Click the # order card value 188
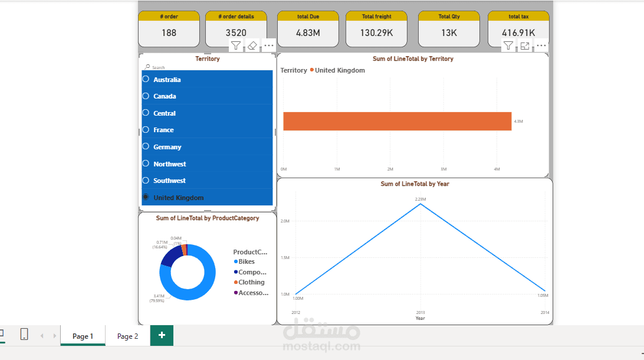[169, 33]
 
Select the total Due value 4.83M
[308, 33]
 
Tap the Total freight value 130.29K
[376, 33]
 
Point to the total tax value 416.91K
[518, 33]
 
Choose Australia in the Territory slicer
[167, 80]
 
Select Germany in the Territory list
[167, 147]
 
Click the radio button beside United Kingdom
[146, 197]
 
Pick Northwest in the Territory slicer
[169, 164]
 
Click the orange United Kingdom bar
[397, 121]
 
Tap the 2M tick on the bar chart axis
[390, 169]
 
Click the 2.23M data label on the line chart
[420, 199]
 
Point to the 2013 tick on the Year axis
[420, 312]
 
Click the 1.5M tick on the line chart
[285, 257]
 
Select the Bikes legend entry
[246, 261]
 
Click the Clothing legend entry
[251, 282]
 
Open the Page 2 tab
[127, 336]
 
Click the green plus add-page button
[162, 335]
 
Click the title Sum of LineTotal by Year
[415, 184]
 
